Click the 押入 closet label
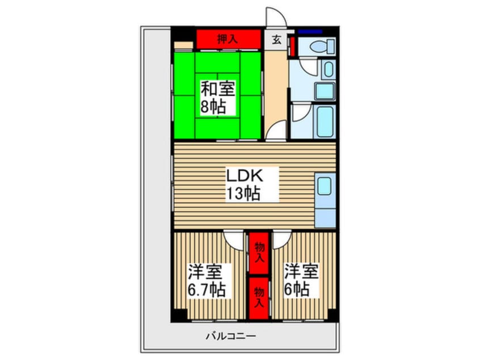click(229, 40)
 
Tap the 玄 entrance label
click(276, 40)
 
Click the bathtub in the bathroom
click(326, 120)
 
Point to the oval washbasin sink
click(328, 70)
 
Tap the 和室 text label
click(218, 89)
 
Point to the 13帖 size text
click(243, 194)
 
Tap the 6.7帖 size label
click(207, 290)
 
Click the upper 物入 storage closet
click(259, 252)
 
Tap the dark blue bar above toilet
click(310, 31)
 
